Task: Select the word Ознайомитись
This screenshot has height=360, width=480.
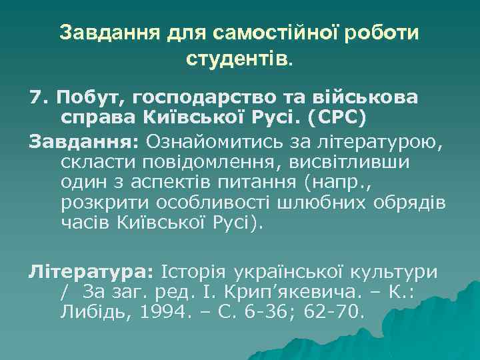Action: (202, 142)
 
